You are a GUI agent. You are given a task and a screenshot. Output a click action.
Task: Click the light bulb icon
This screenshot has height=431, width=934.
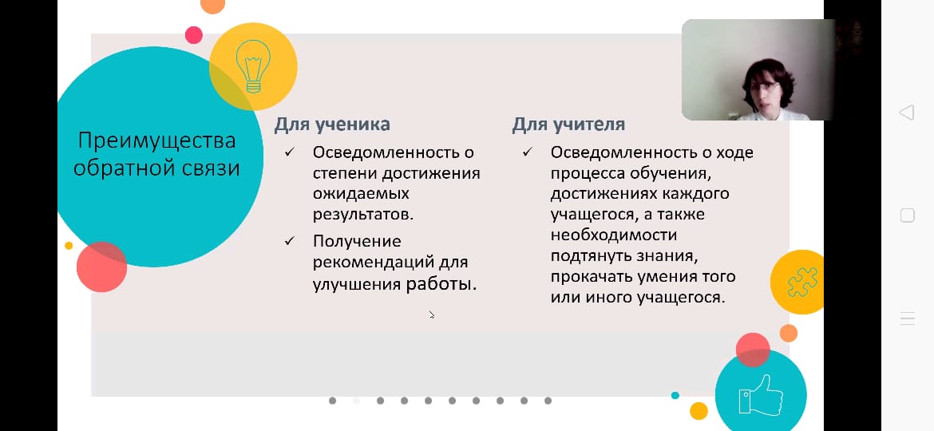tap(253, 65)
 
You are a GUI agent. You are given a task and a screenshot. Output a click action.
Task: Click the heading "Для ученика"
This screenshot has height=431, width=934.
tap(332, 125)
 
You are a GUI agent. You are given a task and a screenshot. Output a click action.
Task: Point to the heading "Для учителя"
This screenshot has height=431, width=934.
tap(568, 125)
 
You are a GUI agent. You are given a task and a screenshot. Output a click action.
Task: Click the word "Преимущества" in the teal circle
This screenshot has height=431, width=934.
tap(156, 141)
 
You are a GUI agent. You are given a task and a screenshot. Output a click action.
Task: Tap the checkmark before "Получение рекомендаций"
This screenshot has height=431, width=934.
tap(290, 240)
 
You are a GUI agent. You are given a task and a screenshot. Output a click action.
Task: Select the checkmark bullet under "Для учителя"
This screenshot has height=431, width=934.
tap(528, 152)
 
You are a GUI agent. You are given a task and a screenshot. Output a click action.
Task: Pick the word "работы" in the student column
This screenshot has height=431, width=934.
tap(441, 283)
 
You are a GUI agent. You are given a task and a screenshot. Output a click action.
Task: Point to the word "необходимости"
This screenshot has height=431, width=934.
tap(613, 235)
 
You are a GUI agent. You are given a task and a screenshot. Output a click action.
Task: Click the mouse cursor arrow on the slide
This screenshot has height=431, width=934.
tap(432, 315)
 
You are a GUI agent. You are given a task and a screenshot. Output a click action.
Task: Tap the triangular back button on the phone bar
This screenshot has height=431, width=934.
tap(907, 113)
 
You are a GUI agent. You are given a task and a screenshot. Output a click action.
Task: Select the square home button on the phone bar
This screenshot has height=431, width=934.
tap(907, 215)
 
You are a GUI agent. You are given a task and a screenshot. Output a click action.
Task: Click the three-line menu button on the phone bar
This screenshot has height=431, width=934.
tap(907, 318)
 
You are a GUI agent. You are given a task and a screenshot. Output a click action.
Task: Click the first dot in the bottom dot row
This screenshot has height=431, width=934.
tap(332, 401)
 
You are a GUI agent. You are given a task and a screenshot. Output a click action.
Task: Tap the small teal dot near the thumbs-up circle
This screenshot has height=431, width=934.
tap(675, 395)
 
